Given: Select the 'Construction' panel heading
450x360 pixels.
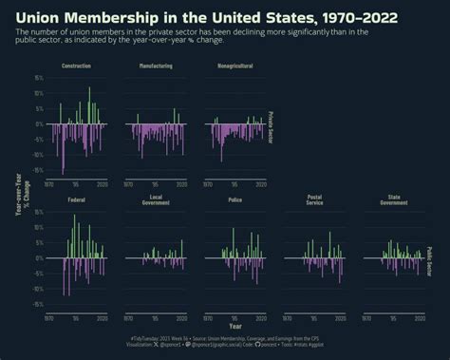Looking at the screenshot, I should tap(76, 66).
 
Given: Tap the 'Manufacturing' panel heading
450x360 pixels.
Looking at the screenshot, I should tap(155, 66).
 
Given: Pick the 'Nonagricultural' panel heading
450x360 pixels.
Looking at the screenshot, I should tap(234, 66).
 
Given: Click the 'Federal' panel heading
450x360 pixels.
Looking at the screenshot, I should tap(76, 200).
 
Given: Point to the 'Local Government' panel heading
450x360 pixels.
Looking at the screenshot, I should tap(155, 199).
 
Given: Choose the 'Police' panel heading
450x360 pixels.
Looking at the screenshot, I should tap(234, 200).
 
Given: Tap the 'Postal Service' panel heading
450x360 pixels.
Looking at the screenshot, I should tap(314, 199).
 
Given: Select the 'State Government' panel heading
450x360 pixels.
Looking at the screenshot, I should tap(393, 199).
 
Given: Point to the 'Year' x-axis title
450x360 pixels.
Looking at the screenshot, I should tap(234, 327).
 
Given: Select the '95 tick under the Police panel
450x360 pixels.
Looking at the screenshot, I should tap(234, 317).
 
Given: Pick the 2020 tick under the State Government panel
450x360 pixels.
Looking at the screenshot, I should tap(419, 317).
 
